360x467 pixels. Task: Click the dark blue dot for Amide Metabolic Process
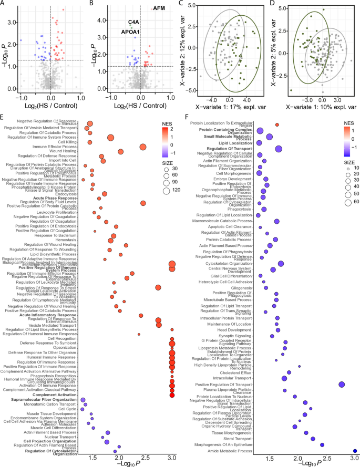click(355, 451)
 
